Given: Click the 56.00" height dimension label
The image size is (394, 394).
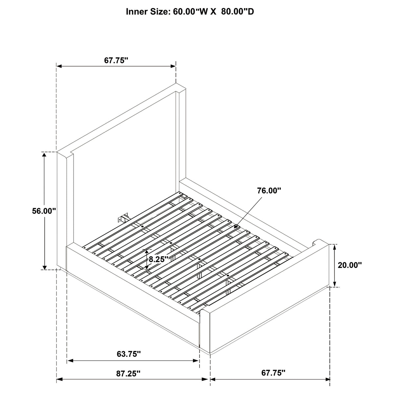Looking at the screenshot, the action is (44, 211).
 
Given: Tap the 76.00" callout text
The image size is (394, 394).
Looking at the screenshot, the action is (269, 190).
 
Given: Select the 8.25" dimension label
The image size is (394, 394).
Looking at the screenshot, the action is (158, 259).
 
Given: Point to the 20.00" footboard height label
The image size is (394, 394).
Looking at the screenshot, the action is (350, 265).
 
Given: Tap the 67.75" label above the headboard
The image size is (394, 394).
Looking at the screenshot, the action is (116, 60).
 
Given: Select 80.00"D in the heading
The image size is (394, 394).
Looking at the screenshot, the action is (238, 12).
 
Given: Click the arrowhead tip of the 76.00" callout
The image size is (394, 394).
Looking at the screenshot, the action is (234, 228).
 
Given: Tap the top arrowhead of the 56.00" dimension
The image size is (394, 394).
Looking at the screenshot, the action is (44, 153).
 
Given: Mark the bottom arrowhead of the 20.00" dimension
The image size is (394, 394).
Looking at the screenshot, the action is (335, 286).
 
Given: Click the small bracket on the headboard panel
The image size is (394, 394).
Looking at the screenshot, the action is (123, 218).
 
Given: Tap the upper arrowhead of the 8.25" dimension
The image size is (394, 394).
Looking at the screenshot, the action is (146, 250).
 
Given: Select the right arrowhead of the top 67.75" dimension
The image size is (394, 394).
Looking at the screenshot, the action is (175, 66).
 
